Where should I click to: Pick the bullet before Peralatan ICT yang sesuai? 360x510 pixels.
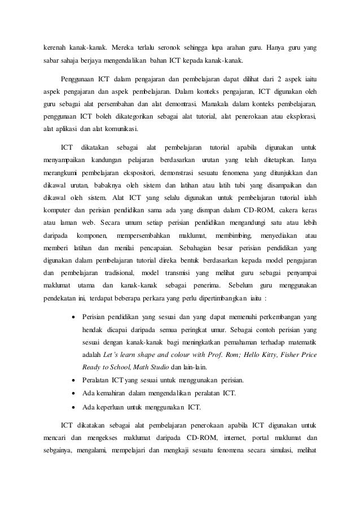(x=76, y=380)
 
